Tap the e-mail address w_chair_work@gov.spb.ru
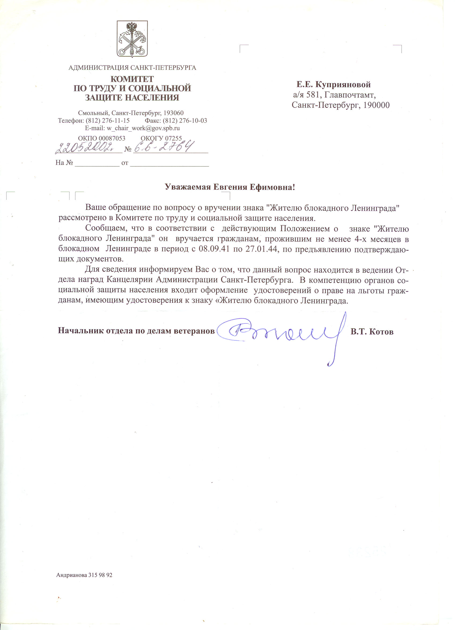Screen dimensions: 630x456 click(143, 128)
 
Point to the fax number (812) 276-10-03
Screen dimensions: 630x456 click(185, 121)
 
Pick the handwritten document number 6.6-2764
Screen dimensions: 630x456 click(163, 147)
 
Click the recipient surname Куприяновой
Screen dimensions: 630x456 click(343, 85)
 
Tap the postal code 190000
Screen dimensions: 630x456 click(376, 105)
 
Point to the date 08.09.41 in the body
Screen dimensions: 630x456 click(214, 249)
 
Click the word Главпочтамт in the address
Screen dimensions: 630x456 click(350, 95)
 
